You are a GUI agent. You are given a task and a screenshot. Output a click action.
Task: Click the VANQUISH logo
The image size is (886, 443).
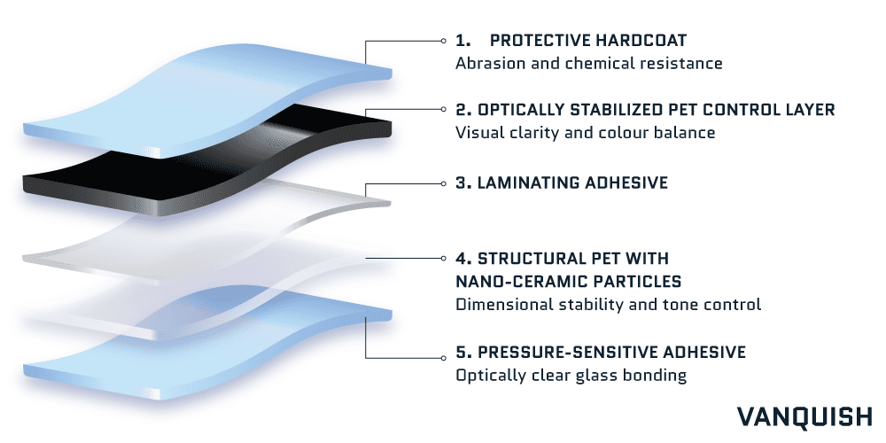coord(804,416)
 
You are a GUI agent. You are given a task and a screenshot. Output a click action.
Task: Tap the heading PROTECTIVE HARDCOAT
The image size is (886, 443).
coord(588,41)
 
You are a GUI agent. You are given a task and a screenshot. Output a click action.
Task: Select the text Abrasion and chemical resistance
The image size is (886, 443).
coord(589,63)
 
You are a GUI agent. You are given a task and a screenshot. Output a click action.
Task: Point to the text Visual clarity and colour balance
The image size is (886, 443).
coord(586,133)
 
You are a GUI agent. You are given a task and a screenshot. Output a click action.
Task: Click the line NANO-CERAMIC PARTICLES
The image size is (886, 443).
coord(569,282)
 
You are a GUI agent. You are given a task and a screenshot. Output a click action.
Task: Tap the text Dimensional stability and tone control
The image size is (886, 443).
coord(608,305)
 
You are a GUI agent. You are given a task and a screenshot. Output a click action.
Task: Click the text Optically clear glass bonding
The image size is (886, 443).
coord(571,375)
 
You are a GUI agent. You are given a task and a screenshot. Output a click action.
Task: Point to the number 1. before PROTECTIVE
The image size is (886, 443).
coord(462,41)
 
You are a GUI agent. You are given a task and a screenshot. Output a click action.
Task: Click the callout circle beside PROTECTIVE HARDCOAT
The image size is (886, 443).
coord(444,41)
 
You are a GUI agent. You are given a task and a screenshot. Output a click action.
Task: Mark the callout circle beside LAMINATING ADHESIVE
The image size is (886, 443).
coord(444,183)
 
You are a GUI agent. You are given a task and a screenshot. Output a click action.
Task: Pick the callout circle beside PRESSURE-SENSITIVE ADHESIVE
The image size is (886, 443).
coord(444,357)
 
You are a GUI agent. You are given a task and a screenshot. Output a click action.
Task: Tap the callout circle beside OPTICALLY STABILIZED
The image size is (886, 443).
coord(444,110)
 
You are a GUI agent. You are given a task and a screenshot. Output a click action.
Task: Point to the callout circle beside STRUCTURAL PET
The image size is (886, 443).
coord(444,258)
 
